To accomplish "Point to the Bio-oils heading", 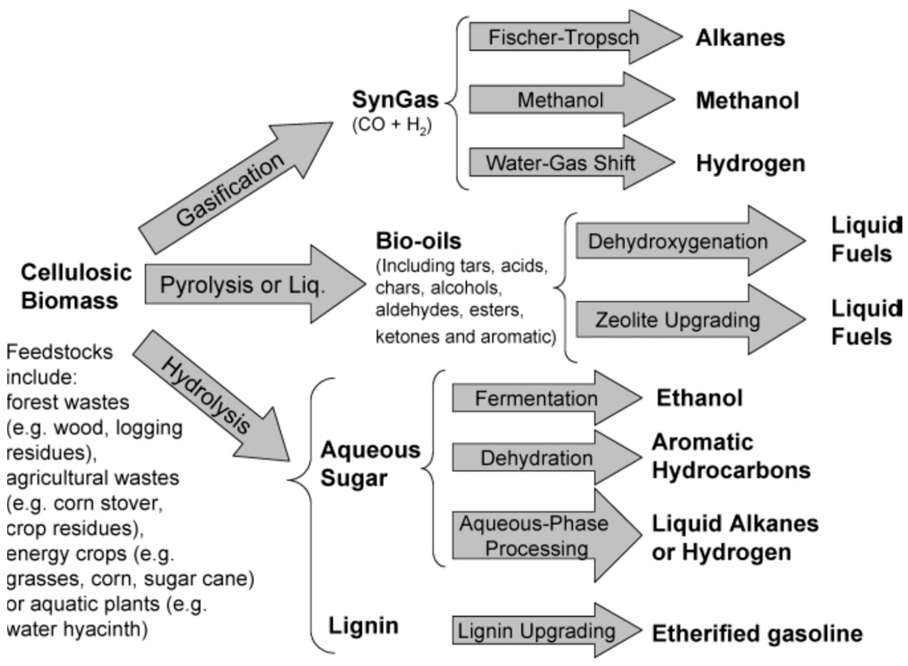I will coord(418,241).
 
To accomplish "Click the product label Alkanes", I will coord(740,38).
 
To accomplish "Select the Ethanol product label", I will coord(699,398).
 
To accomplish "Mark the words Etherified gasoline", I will coord(757,633).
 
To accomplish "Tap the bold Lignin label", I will coord(363,626).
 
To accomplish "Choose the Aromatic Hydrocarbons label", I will coord(731,456).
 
